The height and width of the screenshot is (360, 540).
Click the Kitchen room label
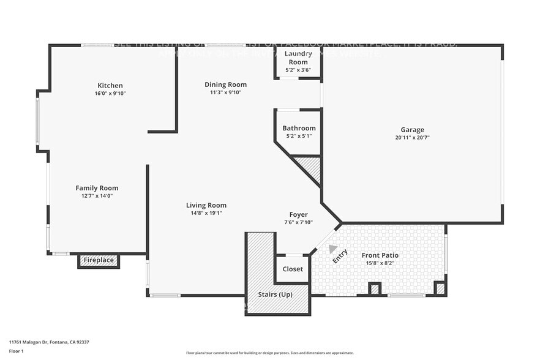(110, 85)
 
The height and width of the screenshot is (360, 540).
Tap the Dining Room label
(225, 84)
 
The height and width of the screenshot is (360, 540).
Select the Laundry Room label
(298, 58)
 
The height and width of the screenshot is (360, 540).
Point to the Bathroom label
(299, 128)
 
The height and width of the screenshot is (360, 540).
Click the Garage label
(412, 129)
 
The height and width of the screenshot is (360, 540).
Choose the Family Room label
(97, 188)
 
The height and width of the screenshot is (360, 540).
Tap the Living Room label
(206, 205)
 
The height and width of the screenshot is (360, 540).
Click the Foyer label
(298, 214)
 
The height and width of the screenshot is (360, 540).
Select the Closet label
(292, 269)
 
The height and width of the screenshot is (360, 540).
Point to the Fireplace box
(99, 261)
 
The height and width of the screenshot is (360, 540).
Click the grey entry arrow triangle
(332, 249)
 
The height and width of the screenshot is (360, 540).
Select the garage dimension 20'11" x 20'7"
(412, 138)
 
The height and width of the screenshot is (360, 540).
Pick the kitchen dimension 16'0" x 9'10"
(110, 94)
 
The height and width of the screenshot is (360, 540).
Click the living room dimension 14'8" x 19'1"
(206, 214)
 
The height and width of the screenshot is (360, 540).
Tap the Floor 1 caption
(17, 351)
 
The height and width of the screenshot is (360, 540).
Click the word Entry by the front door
(340, 257)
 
